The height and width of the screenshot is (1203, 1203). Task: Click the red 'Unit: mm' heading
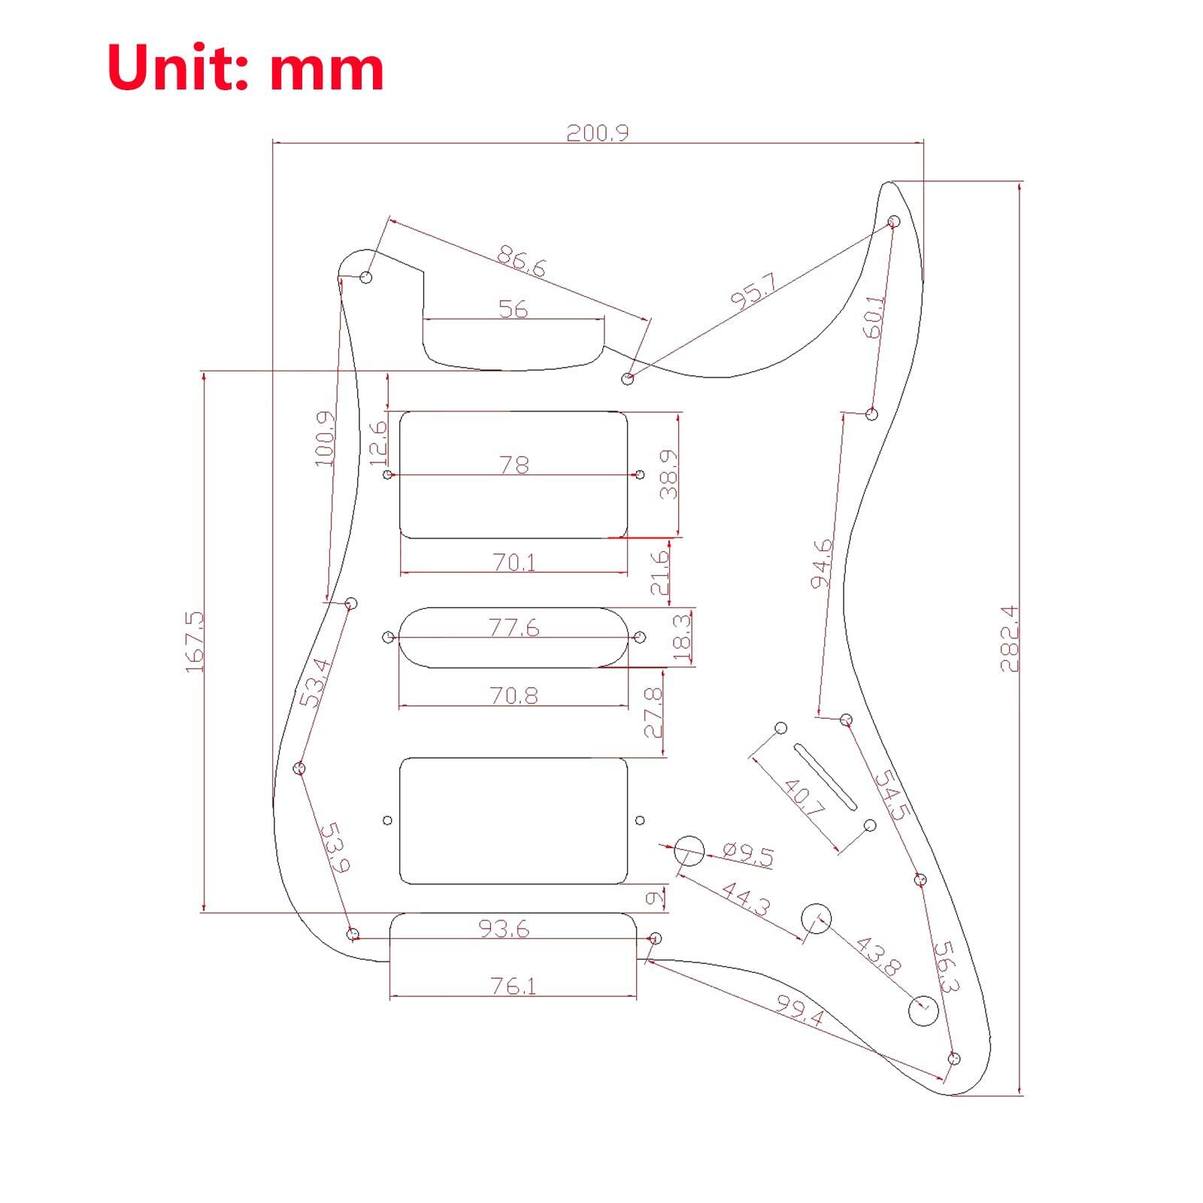click(246, 68)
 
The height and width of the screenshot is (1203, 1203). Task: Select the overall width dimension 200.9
click(597, 133)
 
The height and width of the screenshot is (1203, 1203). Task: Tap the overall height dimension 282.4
click(1009, 638)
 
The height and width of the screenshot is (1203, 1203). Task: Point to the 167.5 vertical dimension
click(193, 641)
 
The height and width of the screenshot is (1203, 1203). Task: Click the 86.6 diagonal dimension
click(521, 261)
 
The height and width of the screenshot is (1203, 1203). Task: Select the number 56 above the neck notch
click(514, 309)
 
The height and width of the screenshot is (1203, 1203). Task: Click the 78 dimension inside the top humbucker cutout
click(514, 465)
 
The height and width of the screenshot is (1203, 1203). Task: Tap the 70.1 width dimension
click(515, 562)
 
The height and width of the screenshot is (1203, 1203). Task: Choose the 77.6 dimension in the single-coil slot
click(514, 627)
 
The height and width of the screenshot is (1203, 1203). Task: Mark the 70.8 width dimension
click(514, 695)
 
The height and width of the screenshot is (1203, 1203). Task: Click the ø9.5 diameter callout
click(747, 855)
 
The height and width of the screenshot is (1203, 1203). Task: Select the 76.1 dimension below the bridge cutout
click(514, 986)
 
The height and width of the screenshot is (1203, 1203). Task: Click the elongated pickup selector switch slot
click(825, 777)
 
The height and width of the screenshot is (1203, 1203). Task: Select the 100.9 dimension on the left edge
click(325, 438)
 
